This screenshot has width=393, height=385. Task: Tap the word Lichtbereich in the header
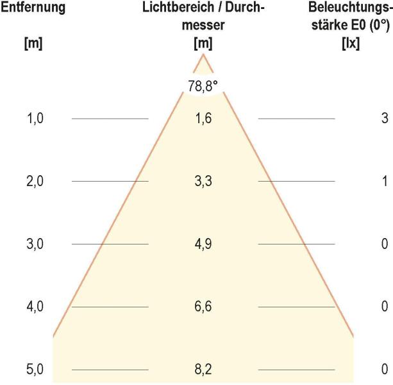click(171, 8)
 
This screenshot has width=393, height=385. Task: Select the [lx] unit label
click(351, 46)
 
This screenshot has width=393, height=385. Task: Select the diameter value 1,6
click(203, 119)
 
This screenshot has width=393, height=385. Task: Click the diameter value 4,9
click(203, 244)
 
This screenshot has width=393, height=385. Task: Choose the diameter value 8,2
click(203, 370)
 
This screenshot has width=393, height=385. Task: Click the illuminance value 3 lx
click(385, 119)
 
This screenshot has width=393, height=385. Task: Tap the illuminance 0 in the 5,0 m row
click(385, 370)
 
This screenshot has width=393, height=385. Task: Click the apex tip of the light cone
click(204, 55)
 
